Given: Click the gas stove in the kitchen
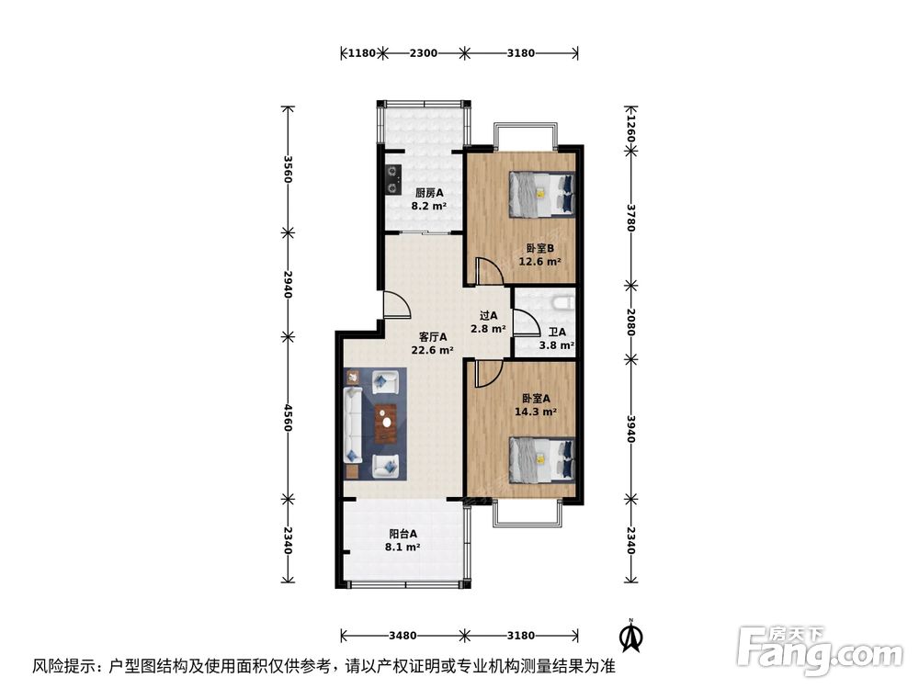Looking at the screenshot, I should coord(394,177).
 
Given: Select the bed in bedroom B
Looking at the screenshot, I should coord(541,194).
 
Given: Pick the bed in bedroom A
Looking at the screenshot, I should coord(541,458).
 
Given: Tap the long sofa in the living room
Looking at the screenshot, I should coord(354,424).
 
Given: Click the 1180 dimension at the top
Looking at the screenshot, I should coord(362,53).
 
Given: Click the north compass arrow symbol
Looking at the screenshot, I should coord(630,633).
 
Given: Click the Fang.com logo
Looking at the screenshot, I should coord(822,649).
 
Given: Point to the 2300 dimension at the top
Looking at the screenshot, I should coord(423,53).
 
